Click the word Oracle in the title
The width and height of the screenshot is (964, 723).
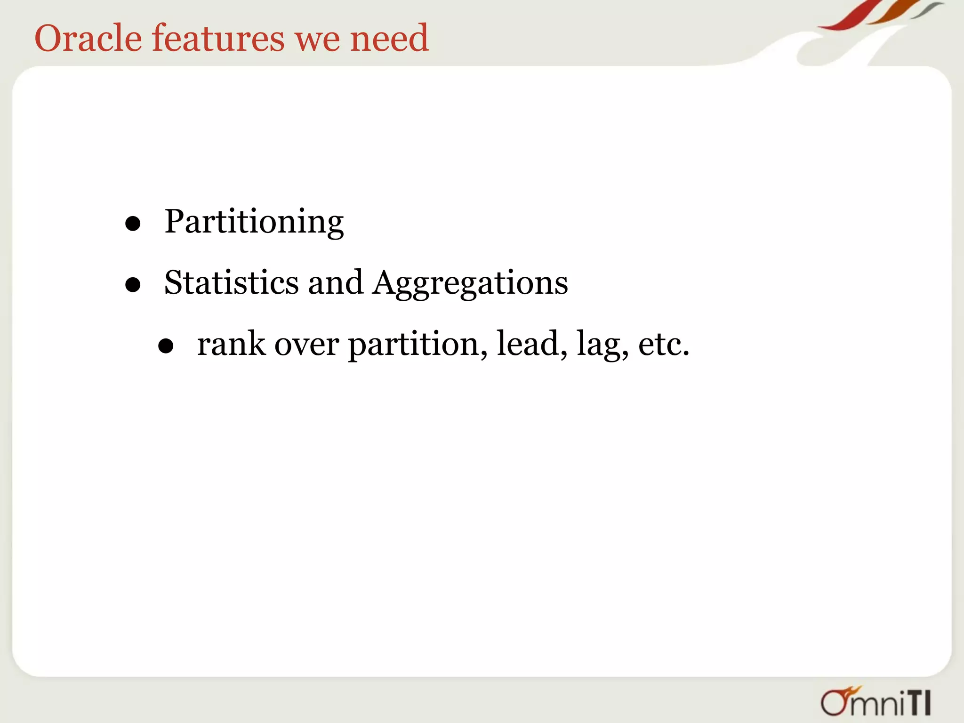pyautogui.click(x=88, y=38)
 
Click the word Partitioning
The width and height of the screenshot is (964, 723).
pyautogui.click(x=254, y=222)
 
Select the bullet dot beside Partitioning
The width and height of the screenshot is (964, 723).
pyautogui.click(x=133, y=224)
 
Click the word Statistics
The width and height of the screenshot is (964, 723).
pyautogui.click(x=231, y=282)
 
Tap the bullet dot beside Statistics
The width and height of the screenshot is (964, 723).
pyautogui.click(x=133, y=285)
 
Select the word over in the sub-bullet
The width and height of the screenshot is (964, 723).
pyautogui.click(x=306, y=345)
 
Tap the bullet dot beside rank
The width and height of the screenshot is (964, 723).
pyautogui.click(x=166, y=347)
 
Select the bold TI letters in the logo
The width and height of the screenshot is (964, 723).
pyautogui.click(x=919, y=703)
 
